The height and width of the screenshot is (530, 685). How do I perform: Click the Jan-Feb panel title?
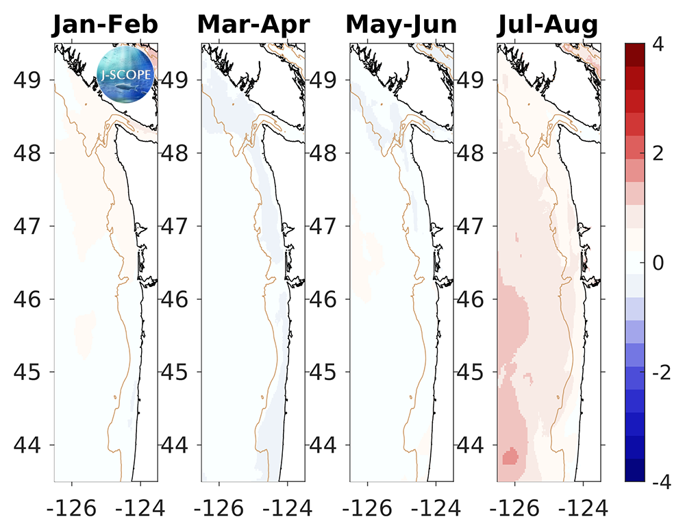(x=106, y=25)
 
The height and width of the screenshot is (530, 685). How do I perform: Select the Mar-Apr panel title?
(x=253, y=25)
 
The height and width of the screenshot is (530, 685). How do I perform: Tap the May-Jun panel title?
(x=401, y=25)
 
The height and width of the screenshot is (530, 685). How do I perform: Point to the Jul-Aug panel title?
(x=547, y=25)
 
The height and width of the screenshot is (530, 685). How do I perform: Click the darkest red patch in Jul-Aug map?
(x=510, y=457)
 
